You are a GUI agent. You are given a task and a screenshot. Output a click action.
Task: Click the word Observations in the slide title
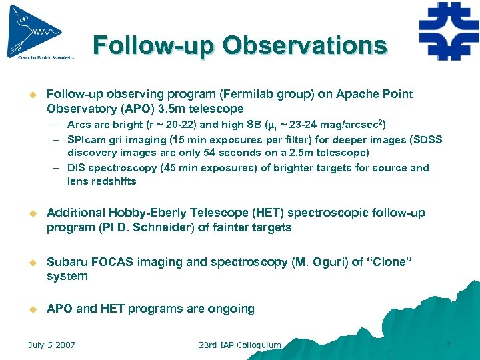(305, 45)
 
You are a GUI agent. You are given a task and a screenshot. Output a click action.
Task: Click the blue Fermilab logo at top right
(449, 31)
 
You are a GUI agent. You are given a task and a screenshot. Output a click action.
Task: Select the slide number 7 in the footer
(448, 345)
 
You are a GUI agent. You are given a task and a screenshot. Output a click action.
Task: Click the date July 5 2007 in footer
(51, 345)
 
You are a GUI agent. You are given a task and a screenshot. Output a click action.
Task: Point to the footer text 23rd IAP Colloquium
(239, 345)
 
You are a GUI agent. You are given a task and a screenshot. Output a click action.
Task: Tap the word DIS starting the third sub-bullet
(77, 168)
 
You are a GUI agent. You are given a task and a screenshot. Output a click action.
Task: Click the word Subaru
(67, 262)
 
